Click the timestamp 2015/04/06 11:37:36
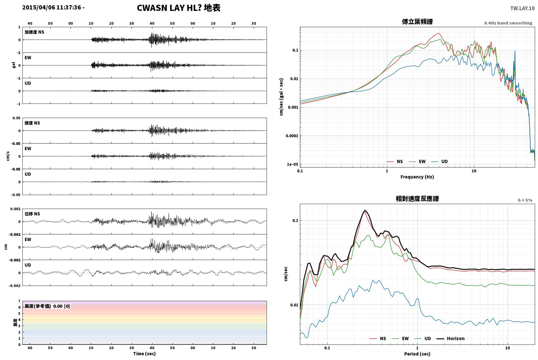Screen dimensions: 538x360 [52, 7]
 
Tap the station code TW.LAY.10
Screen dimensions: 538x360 [522, 8]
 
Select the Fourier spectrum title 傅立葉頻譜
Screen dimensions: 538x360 [417, 22]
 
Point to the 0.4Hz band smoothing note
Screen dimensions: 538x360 [508, 23]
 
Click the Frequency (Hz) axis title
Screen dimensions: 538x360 [417, 177]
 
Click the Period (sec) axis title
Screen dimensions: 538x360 [417, 354]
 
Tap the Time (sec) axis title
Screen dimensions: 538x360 [144, 354]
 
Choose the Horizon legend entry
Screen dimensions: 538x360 [456, 338]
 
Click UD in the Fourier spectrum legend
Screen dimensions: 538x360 [444, 161]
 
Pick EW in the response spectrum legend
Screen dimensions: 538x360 [405, 338]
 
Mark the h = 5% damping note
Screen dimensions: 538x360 [525, 200]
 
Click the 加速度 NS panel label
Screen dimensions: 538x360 [34, 32]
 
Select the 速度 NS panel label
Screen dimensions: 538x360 [32, 123]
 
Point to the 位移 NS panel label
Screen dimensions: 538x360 [32, 214]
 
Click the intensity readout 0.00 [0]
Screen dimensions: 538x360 [61, 306]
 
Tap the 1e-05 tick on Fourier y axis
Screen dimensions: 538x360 [292, 164]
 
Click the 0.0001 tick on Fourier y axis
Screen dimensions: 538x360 [292, 136]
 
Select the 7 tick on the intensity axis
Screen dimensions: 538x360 [19, 301]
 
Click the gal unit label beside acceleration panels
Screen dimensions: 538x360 [14, 65]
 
